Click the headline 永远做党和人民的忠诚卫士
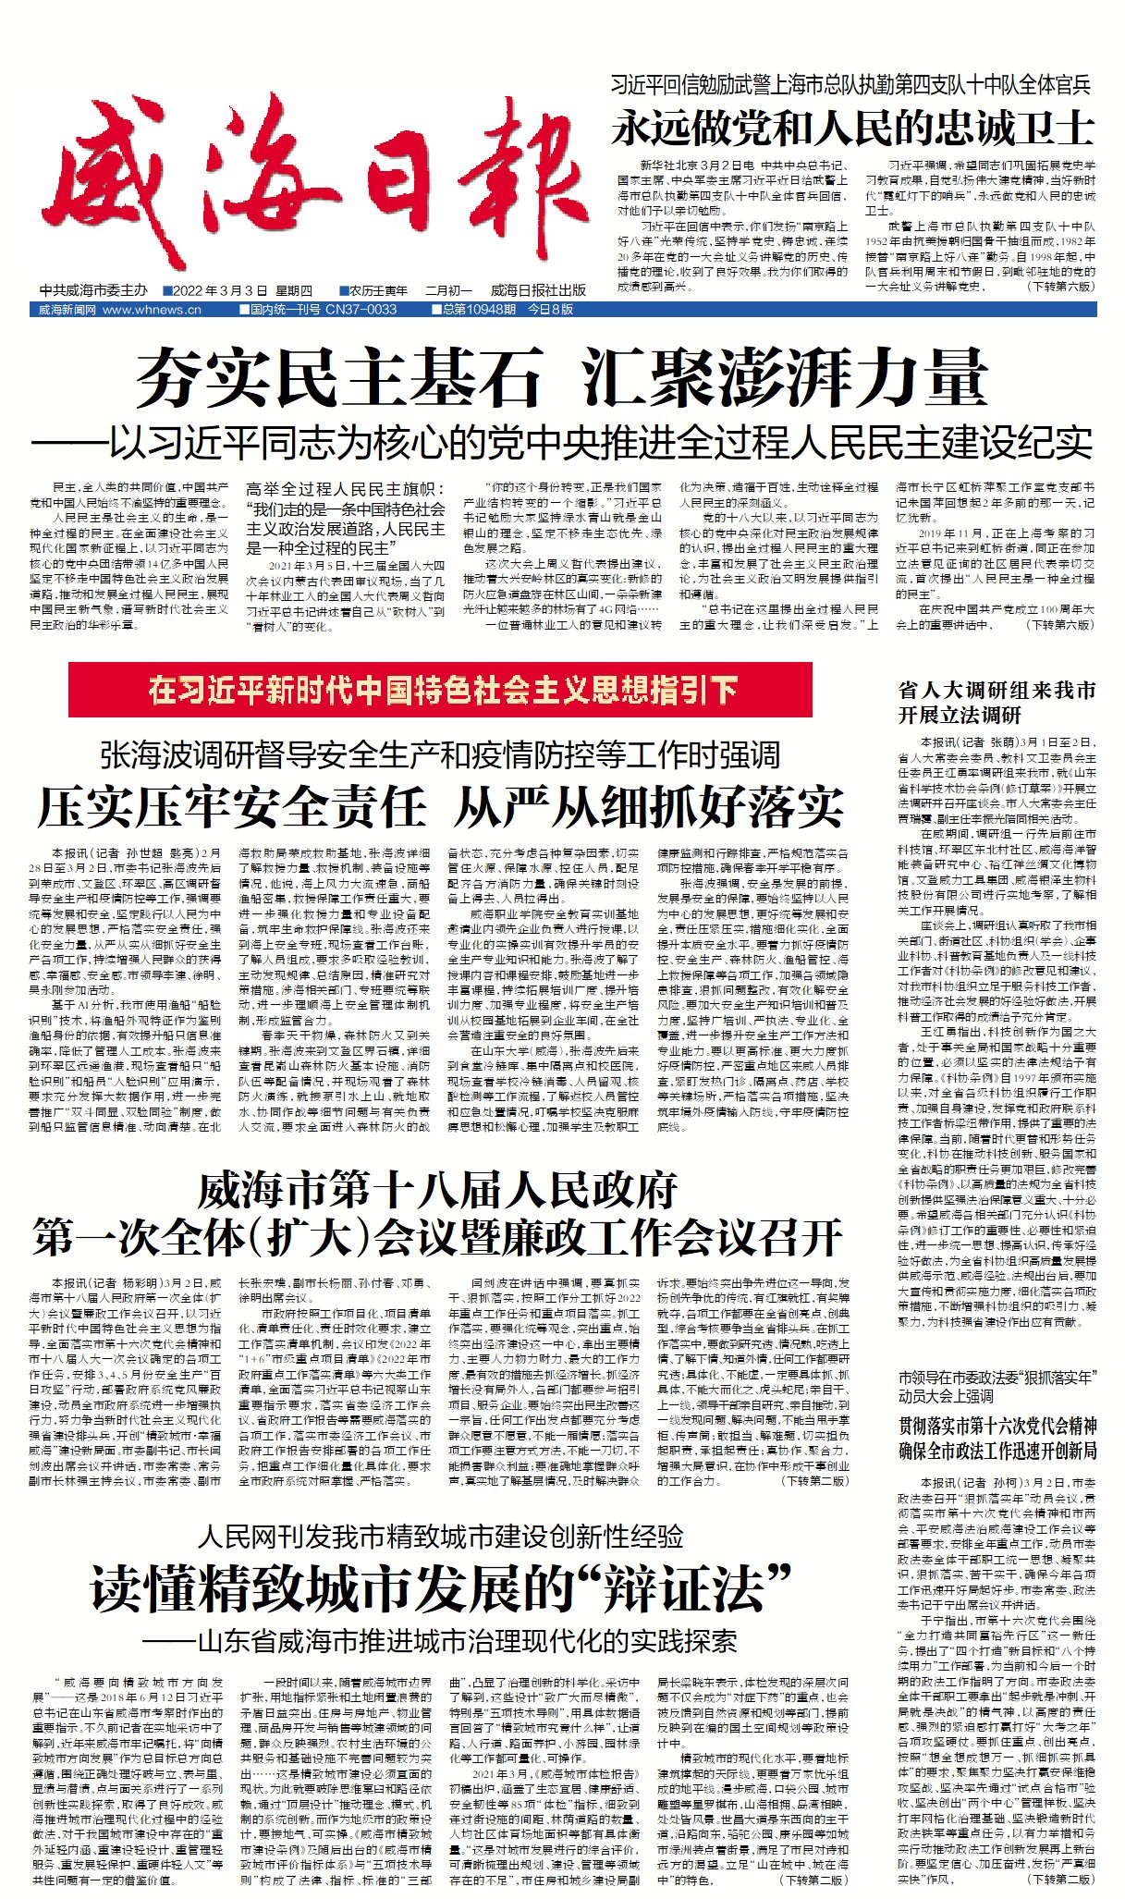(x=852, y=128)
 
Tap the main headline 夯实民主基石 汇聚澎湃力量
(x=562, y=378)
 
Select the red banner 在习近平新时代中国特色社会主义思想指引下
(x=440, y=690)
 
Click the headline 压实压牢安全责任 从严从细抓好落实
(x=440, y=806)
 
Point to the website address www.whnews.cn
(x=152, y=310)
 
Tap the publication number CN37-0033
(x=361, y=310)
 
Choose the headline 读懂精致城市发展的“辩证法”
(x=440, y=1589)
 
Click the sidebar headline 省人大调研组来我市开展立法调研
(x=997, y=702)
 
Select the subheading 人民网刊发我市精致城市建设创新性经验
(x=440, y=1538)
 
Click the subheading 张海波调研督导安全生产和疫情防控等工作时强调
(x=440, y=754)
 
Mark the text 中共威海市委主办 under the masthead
(x=93, y=290)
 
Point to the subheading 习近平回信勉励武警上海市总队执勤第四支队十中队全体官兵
(x=850, y=86)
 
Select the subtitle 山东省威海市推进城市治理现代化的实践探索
(x=440, y=1641)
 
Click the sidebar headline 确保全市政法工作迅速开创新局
(x=997, y=1450)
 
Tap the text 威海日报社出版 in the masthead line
(x=538, y=290)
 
